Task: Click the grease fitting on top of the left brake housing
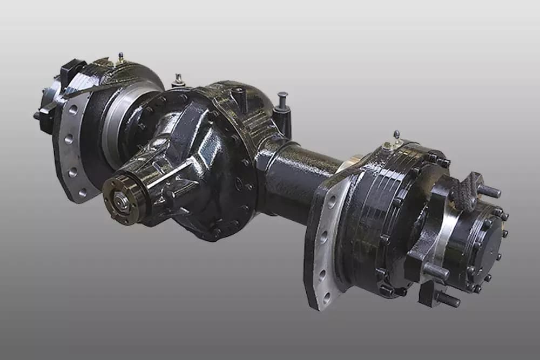(x=120, y=57)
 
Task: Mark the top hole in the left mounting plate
(x=73, y=110)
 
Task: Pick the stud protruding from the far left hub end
(x=37, y=116)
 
